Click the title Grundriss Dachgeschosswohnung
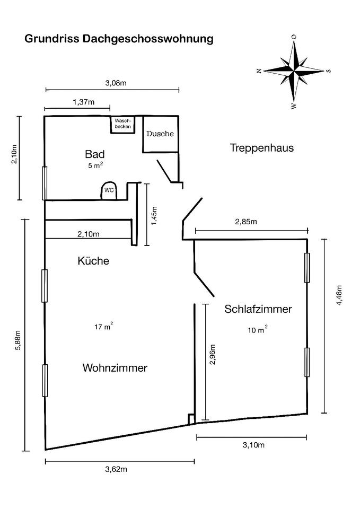(119, 39)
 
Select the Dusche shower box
(160, 134)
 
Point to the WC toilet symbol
(109, 190)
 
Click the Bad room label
(95, 154)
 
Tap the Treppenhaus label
(261, 147)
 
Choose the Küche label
(93, 261)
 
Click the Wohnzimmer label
(115, 368)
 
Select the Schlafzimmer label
(258, 309)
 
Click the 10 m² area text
(258, 330)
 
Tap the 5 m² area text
(95, 166)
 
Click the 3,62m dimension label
(117, 469)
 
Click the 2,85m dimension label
(246, 222)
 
